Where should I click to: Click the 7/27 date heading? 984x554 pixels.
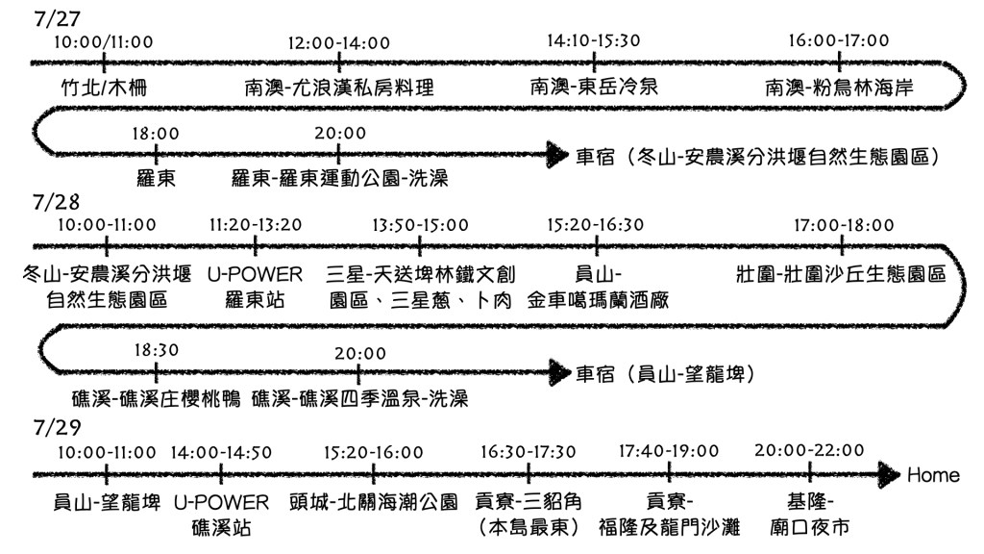[48, 18]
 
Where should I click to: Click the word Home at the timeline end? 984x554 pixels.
[933, 475]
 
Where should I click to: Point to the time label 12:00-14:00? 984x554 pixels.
[339, 42]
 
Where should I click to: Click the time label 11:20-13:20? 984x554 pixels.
[255, 225]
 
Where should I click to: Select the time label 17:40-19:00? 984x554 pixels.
[669, 451]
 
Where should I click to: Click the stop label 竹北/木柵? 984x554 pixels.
[103, 88]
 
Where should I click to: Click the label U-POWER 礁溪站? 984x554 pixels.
[222, 515]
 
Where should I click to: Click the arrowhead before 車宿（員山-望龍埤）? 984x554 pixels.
[557, 370]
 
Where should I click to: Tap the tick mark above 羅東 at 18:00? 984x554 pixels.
[155, 153]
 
